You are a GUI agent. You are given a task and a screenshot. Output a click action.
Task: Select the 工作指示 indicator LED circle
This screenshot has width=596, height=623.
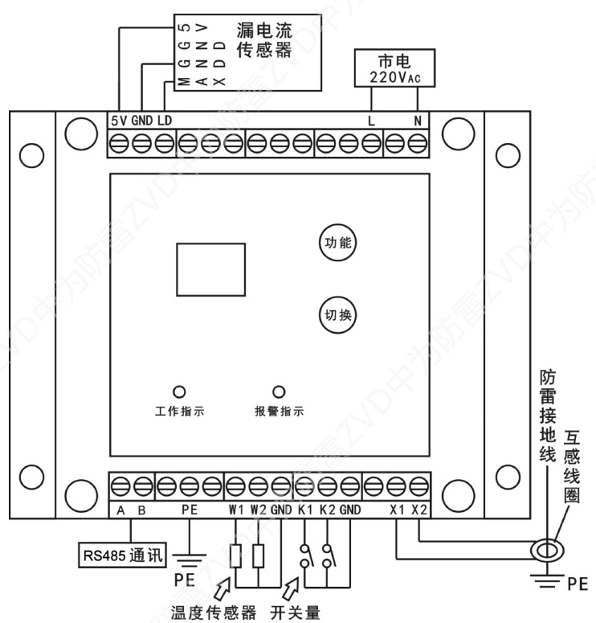[x=179, y=391]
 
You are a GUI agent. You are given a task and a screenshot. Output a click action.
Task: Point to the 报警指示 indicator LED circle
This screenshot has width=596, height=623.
[x=279, y=391]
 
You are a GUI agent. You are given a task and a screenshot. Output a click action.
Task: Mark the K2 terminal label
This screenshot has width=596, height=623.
[x=326, y=509]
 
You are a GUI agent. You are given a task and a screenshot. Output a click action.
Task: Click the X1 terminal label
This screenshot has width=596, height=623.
[x=398, y=509]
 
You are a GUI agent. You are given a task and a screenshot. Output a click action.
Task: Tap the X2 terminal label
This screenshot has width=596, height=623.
[x=419, y=509]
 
